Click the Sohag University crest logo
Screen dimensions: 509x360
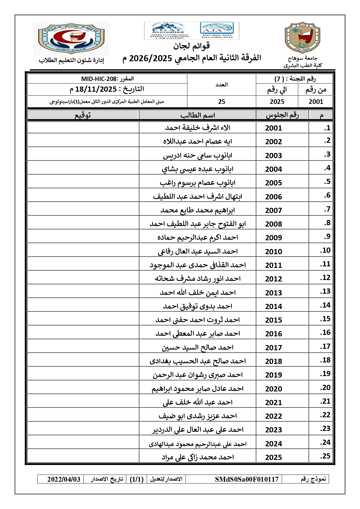302,38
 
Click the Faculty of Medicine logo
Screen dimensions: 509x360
71,38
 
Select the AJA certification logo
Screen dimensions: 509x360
217,30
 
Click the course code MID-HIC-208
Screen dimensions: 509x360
107,79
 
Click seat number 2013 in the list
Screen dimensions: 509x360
273,293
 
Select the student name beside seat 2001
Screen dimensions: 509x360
198,128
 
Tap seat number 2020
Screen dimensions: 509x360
273,389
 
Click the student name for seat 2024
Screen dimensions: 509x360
198,444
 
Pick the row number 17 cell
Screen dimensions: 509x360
325,346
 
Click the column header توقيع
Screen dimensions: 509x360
83,115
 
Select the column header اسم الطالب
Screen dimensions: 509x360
198,115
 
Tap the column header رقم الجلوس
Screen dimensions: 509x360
282,115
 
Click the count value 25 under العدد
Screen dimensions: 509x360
222,102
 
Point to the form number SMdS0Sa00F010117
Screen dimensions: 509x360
247,479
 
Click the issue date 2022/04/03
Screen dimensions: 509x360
64,479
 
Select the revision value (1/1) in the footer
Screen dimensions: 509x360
137,479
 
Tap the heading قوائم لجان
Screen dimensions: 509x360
191,46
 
